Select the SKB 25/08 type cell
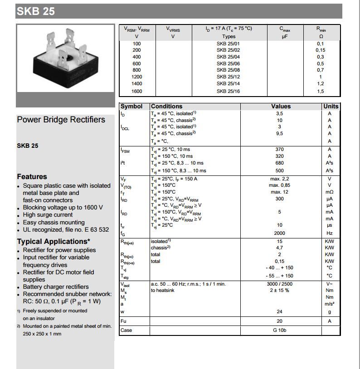[x=228, y=70]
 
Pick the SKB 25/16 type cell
[x=228, y=91]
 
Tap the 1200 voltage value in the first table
[x=137, y=77]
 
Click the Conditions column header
[x=166, y=106]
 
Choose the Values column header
[x=281, y=106]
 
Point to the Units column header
[x=331, y=106]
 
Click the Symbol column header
[x=131, y=106]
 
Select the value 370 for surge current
[x=279, y=150]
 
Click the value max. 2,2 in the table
[x=279, y=179]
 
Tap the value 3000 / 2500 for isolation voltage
[x=279, y=284]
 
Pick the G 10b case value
[x=279, y=330]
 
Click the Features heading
[x=32, y=177]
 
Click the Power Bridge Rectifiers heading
[x=61, y=120]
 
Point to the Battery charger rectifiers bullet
[x=56, y=286]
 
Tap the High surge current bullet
[x=48, y=215]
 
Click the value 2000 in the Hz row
[x=279, y=233]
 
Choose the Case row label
[x=126, y=330]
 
